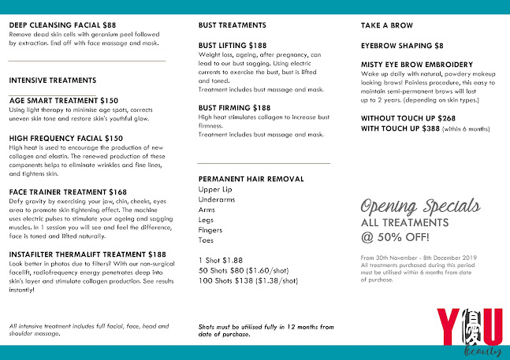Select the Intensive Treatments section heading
click(53, 80)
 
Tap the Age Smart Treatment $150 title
click(64, 101)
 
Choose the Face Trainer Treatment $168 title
click(68, 191)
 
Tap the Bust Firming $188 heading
click(235, 107)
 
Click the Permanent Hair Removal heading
click(251, 179)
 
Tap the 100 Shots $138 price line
click(248, 280)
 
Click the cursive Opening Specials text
click(420, 207)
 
